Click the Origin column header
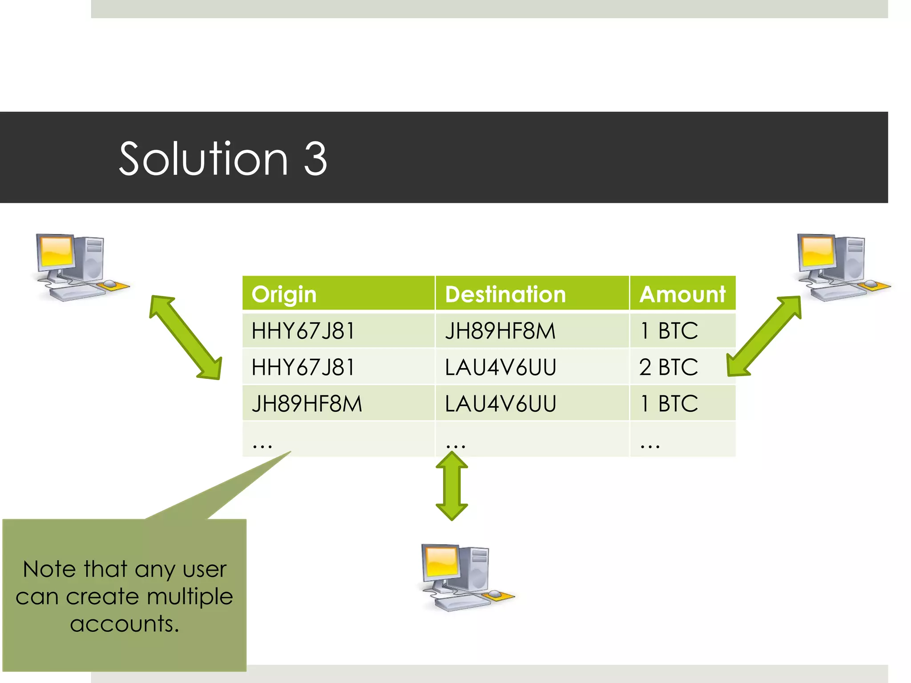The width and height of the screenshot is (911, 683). [x=284, y=294]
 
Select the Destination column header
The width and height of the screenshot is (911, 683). [x=505, y=294]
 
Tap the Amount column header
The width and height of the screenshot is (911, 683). [x=682, y=294]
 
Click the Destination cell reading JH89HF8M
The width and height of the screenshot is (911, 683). [x=500, y=331]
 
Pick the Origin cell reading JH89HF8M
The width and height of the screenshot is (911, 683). [x=307, y=404]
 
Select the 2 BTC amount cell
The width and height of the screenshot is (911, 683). [x=668, y=367]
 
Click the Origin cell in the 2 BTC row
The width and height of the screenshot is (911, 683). [x=303, y=367]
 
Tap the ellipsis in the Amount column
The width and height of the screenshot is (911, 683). [x=650, y=445]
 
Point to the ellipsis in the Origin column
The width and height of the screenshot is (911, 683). [x=262, y=445]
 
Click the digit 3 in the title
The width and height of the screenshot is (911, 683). [x=315, y=159]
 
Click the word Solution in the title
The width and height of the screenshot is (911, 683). [x=204, y=159]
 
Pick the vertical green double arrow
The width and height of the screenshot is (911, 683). [x=451, y=486]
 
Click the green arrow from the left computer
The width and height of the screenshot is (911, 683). [x=185, y=337]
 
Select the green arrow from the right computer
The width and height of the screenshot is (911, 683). [x=764, y=336]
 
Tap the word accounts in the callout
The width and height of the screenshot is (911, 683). [x=125, y=623]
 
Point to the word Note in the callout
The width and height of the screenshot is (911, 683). [x=49, y=569]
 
